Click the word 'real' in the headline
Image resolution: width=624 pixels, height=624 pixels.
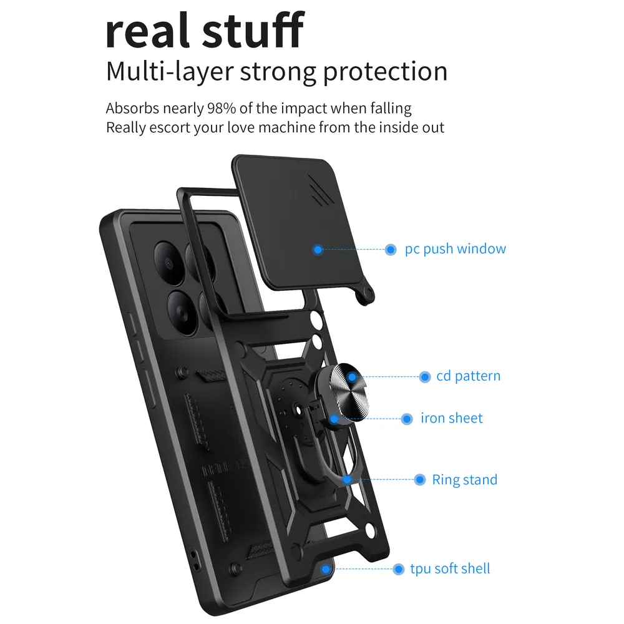(x=147, y=31)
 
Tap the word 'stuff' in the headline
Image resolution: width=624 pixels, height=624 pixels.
(x=253, y=29)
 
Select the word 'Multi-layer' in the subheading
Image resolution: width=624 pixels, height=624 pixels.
(x=170, y=72)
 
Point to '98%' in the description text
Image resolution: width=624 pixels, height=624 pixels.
(x=222, y=108)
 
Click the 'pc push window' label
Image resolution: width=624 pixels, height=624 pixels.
(x=456, y=249)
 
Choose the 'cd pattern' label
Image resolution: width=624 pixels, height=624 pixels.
(x=469, y=376)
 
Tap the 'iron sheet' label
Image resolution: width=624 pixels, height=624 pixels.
(x=452, y=418)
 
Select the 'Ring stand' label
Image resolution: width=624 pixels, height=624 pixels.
(x=465, y=480)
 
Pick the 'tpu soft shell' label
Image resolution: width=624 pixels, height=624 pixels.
(x=450, y=568)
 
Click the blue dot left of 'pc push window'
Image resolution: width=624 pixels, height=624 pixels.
(x=391, y=250)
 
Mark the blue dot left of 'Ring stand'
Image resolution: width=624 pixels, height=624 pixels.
(x=420, y=479)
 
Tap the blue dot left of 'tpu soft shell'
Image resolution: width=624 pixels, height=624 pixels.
(x=398, y=569)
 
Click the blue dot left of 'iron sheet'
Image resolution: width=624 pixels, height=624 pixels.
(x=407, y=419)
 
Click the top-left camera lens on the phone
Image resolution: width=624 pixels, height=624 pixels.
(x=168, y=263)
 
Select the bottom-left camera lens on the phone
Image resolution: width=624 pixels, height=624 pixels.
(x=183, y=313)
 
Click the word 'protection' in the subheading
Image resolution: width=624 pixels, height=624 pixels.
(x=385, y=72)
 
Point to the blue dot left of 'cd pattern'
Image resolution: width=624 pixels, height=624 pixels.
(x=425, y=376)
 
